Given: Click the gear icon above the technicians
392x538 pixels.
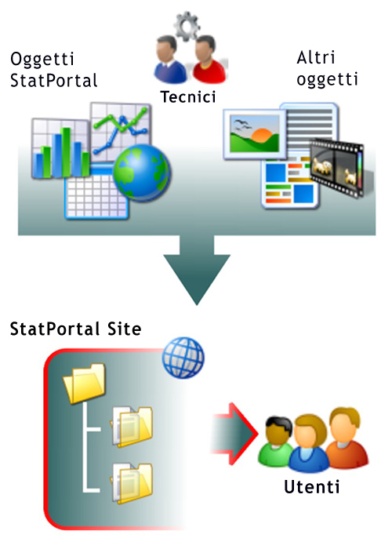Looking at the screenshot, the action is point(187,25).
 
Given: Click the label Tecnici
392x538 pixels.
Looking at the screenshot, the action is point(188,96).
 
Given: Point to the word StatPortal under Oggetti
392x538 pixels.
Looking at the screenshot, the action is point(54,81).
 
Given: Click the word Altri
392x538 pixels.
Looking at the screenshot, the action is point(315,57).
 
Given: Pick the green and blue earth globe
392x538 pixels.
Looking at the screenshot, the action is point(141,173).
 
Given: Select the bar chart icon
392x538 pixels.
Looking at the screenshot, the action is point(60,148).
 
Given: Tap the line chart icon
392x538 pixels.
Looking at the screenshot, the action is point(121,131).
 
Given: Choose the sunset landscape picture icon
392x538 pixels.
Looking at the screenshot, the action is point(255,135).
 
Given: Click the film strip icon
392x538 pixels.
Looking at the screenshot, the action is point(337,168).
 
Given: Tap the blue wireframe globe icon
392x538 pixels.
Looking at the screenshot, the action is point(183,358).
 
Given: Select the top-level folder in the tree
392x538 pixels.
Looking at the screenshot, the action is point(85,383).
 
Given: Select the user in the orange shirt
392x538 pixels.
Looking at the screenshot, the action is point(347,436).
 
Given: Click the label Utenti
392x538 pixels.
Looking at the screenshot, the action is point(312,487).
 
